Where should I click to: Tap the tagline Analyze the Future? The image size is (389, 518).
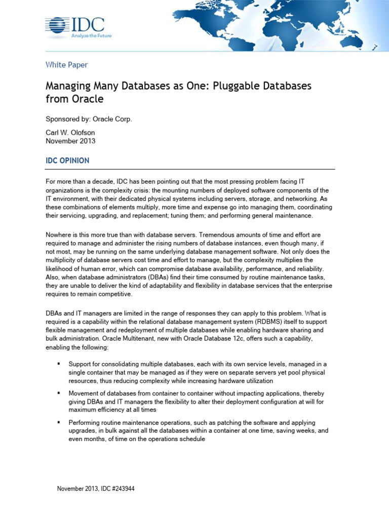92,36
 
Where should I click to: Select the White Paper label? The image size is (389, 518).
66,65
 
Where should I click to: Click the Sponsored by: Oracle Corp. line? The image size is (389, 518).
89,119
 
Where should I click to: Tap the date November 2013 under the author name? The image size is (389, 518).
70,141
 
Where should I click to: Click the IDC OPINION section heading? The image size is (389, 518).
67,161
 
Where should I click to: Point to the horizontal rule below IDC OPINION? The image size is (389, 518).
190,169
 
